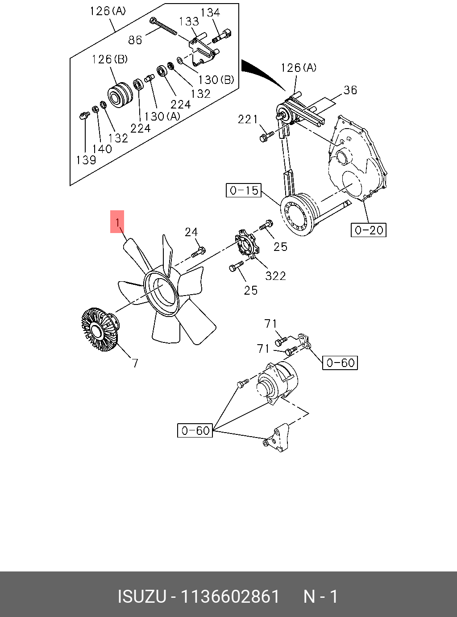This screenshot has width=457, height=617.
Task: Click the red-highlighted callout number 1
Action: [117, 222]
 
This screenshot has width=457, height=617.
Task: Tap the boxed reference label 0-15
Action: [243, 191]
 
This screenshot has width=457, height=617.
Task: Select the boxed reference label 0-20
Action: [369, 230]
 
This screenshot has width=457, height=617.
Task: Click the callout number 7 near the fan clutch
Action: [135, 363]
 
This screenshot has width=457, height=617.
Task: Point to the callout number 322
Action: [275, 276]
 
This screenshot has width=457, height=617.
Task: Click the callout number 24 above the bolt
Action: [191, 232]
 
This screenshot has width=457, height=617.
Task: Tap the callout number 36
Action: [350, 90]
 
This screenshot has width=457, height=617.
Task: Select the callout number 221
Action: [248, 119]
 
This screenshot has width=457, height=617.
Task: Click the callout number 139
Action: [86, 160]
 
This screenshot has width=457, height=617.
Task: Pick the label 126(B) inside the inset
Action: [110, 59]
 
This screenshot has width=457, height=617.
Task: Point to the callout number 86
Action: [135, 40]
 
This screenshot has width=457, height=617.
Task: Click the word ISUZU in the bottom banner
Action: [141, 596]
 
